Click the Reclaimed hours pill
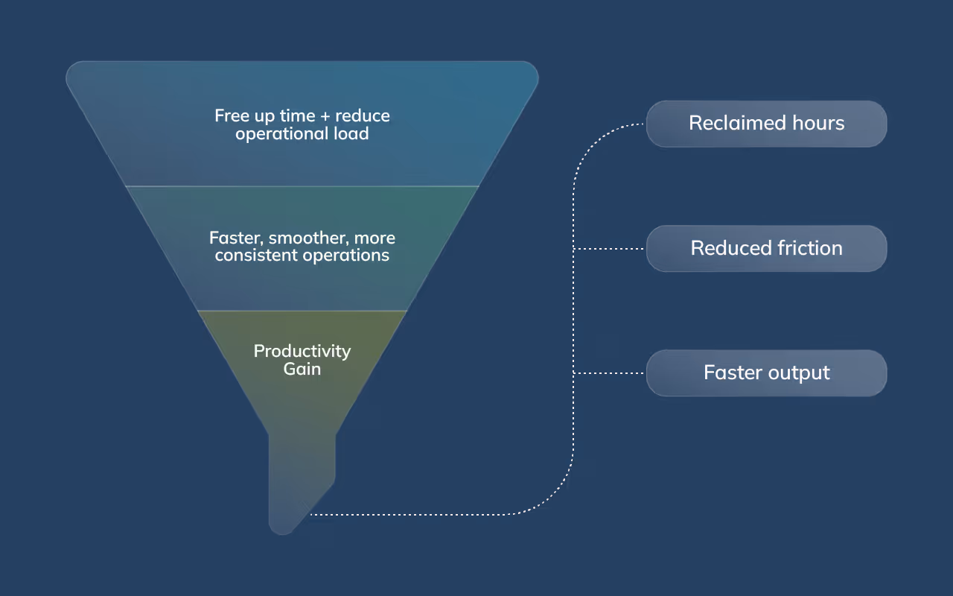(x=766, y=124)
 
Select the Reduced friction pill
(x=766, y=248)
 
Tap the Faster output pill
(x=766, y=372)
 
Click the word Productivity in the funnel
(x=302, y=351)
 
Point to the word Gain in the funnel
(x=302, y=369)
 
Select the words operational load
(x=302, y=134)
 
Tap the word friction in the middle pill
(x=806, y=248)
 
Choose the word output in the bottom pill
(x=798, y=372)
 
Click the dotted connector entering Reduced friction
(x=611, y=249)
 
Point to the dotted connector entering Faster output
(x=611, y=373)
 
